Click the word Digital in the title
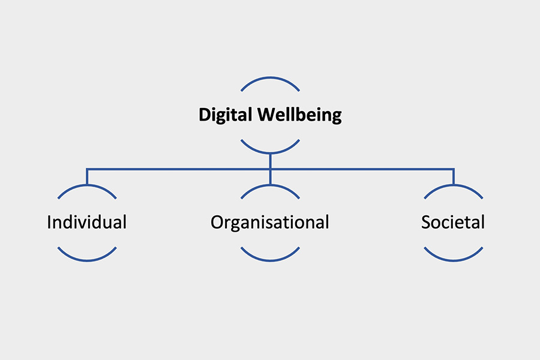point(226,115)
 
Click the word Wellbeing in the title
point(299,115)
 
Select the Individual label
point(87,222)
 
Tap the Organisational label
point(269,223)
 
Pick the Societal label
point(453,222)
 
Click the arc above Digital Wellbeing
point(271,78)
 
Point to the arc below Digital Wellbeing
point(271,152)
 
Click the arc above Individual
point(87,185)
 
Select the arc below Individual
point(87,260)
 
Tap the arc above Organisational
point(271,185)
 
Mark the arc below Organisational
point(271,260)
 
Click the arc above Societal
point(454,185)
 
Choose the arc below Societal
point(454,260)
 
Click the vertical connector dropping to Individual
point(87,177)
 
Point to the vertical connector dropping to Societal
point(454,177)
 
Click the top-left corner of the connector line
point(87,169)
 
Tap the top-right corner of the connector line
point(454,169)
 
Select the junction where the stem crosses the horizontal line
point(271,169)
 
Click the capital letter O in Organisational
point(217,222)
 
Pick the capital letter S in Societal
point(426,222)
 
